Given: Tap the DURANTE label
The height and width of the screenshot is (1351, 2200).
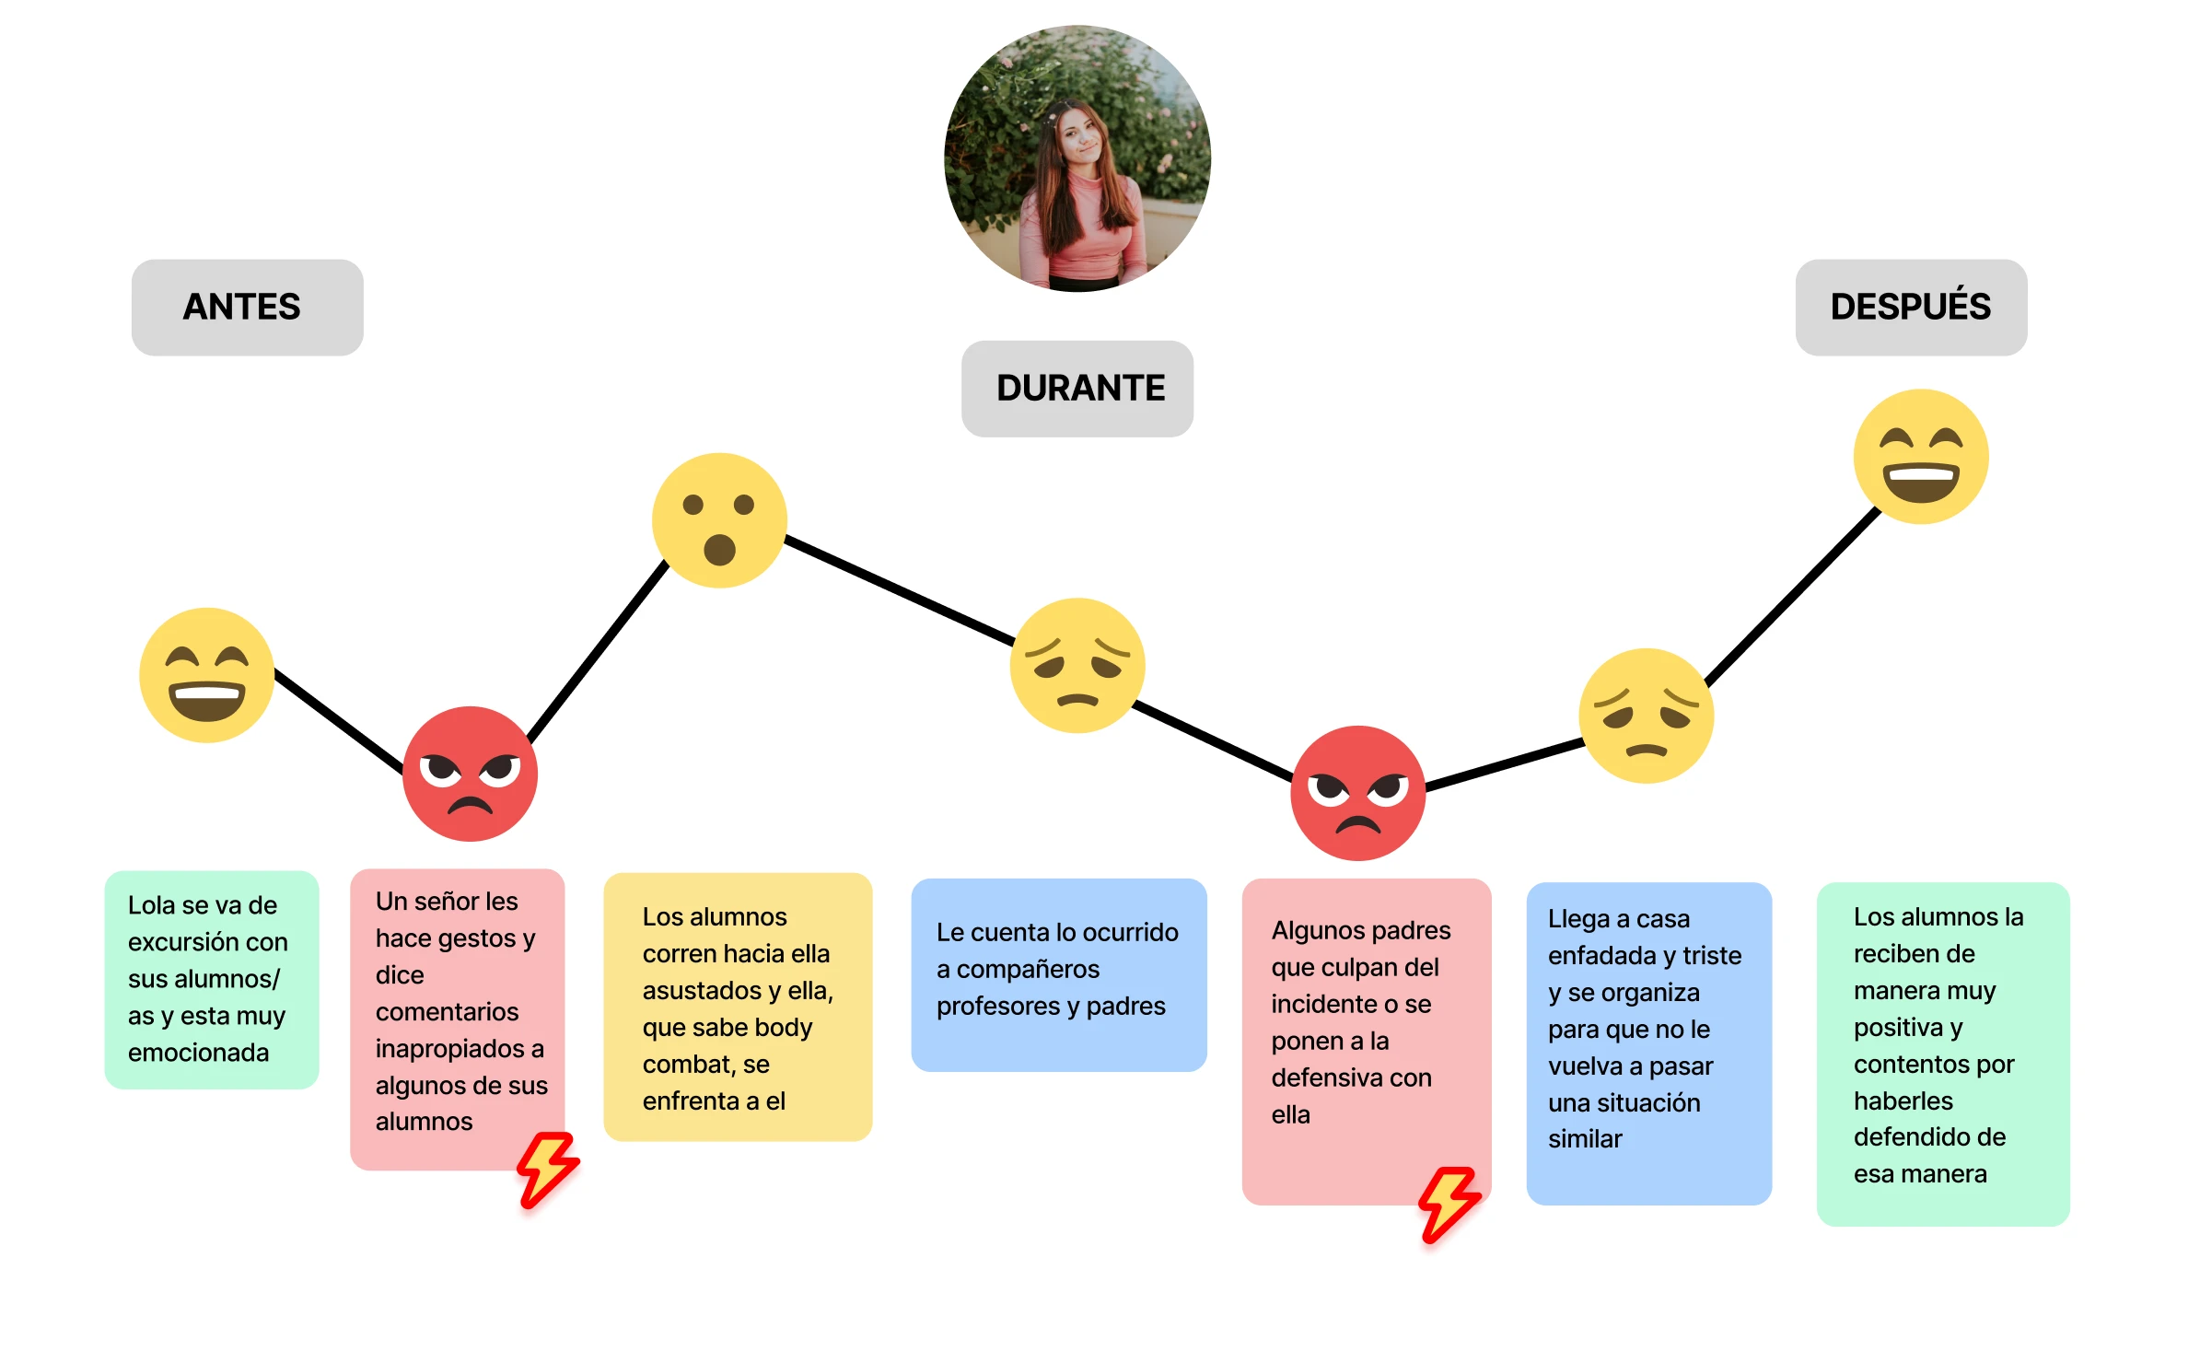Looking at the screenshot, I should coord(1077,389).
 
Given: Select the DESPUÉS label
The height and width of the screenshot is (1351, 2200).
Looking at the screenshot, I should coord(1911,307).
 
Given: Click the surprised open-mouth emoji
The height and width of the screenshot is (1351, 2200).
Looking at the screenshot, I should coord(719,520).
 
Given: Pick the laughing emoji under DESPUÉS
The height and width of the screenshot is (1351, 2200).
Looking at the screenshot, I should coord(1921,457).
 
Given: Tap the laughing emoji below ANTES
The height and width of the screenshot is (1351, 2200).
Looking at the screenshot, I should coord(207,675).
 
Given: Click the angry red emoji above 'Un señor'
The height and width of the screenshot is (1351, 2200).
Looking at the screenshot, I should coord(470,774).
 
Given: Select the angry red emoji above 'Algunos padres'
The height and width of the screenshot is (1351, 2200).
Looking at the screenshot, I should coord(1358,793).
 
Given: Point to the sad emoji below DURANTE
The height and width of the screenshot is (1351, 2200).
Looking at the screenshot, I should coord(1077,665).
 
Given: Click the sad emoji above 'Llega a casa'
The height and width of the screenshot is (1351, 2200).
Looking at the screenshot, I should coord(1647,716).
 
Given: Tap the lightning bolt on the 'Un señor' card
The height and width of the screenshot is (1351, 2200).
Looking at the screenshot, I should coord(548,1169).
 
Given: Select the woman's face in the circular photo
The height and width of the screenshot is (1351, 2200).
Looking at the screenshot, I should coord(1080,138).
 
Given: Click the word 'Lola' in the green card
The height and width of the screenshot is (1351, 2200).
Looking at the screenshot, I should coord(152,905).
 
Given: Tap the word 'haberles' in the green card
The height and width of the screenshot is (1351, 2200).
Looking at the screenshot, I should coord(1903,1101).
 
